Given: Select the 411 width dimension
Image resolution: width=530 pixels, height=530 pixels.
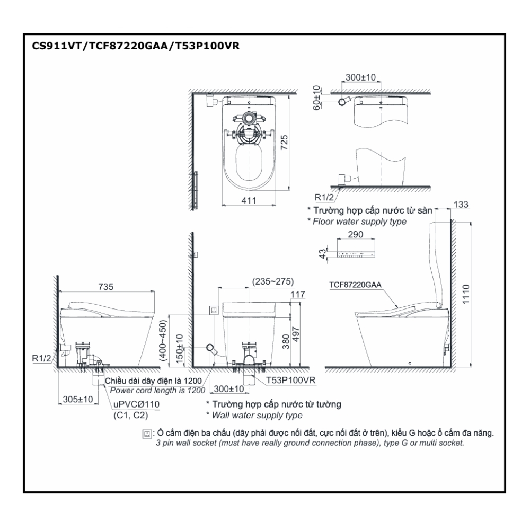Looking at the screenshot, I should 249,200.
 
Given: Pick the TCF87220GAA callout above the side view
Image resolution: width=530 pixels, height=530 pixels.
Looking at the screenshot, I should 354,285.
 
